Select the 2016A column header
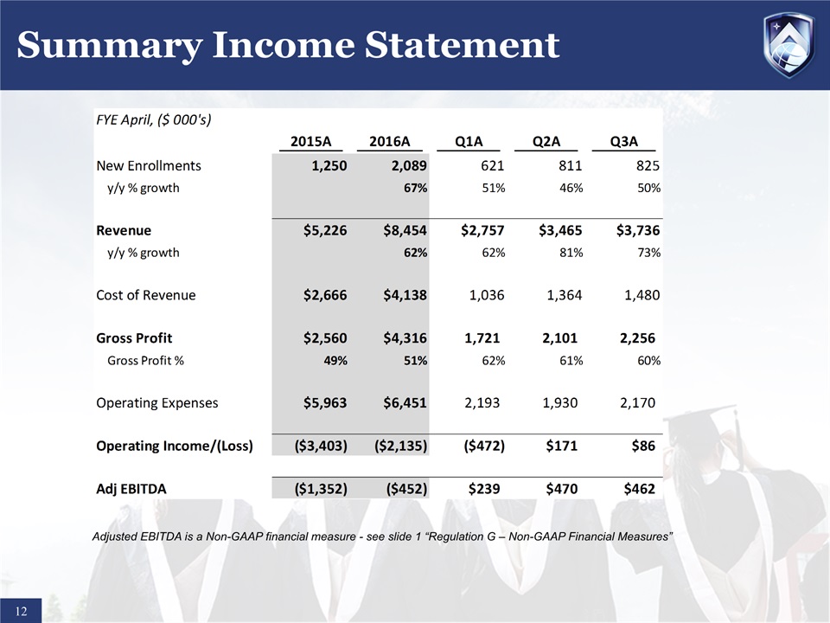coord(388,142)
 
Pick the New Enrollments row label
coord(148,165)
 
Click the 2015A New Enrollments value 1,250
coord(322,165)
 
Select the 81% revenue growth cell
coord(571,253)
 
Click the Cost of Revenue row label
coord(145,295)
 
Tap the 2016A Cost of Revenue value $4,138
coord(400,295)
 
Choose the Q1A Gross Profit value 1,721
coord(481,337)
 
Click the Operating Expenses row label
coord(156,402)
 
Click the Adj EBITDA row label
coord(131,489)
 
